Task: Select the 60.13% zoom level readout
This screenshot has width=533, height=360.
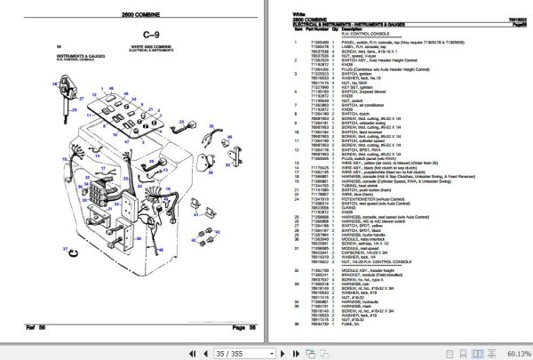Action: tap(513, 352)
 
